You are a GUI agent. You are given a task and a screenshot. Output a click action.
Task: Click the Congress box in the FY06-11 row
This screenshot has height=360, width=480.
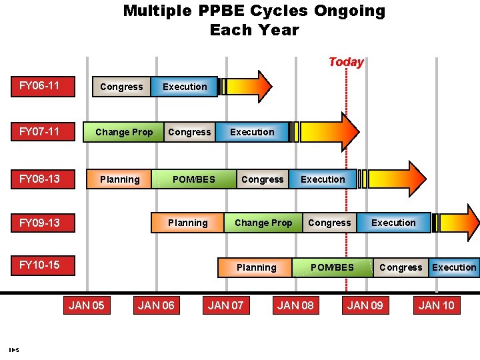click(x=121, y=87)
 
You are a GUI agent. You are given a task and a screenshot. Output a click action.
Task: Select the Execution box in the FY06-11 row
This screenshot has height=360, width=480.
click(x=185, y=87)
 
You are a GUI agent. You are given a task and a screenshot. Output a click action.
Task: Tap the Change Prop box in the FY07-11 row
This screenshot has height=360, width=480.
click(x=124, y=132)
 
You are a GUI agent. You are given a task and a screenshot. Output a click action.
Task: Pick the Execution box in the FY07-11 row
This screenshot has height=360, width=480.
click(x=252, y=132)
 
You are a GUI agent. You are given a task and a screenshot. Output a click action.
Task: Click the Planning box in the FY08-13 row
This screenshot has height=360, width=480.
click(x=119, y=179)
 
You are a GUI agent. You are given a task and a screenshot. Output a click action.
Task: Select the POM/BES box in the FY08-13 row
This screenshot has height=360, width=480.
click(x=194, y=179)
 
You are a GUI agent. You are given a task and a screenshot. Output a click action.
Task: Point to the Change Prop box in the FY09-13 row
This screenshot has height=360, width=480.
click(x=263, y=223)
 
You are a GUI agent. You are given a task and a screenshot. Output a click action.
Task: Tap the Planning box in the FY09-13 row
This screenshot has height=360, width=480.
click(x=188, y=223)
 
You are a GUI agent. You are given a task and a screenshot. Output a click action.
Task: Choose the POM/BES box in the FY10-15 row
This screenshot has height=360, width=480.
click(x=332, y=267)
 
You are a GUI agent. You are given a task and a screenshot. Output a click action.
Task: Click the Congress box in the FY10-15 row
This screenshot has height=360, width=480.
click(x=401, y=267)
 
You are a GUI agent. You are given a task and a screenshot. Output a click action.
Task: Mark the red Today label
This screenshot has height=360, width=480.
click(x=346, y=62)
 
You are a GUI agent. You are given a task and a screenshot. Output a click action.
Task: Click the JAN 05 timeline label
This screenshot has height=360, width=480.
click(x=87, y=305)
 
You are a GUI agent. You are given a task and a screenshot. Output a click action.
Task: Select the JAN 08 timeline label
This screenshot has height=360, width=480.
click(x=295, y=305)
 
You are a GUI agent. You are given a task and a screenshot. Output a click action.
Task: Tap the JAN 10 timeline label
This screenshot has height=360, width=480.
click(x=436, y=305)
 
